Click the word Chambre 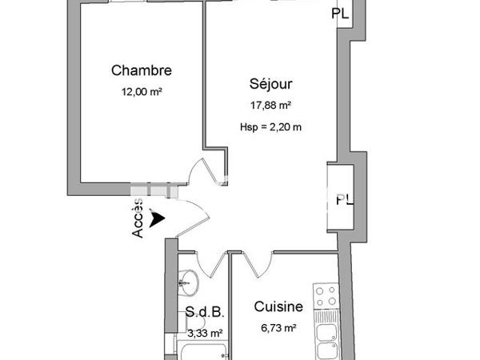click(x=142, y=70)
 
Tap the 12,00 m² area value click(x=142, y=92)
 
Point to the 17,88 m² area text click(x=270, y=105)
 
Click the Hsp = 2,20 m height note click(x=270, y=126)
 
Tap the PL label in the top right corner click(x=341, y=14)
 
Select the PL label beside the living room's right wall click(x=344, y=199)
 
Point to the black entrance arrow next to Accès click(x=158, y=217)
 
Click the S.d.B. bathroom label click(x=203, y=311)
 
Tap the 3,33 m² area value click(x=204, y=334)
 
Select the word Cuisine click(x=278, y=306)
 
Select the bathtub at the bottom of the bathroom click(x=202, y=352)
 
